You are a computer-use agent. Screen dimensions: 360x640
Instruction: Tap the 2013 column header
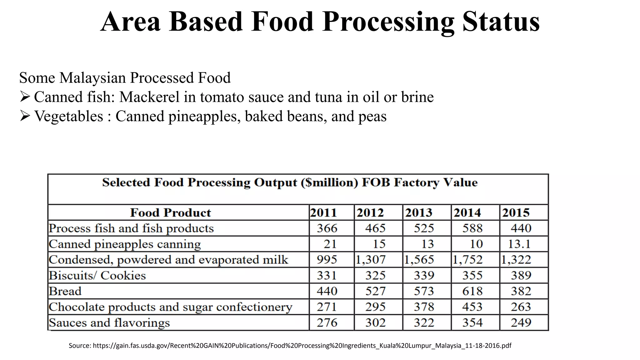(x=418, y=213)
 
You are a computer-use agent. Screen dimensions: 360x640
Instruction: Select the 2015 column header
(x=516, y=213)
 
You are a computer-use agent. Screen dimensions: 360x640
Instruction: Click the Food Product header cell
(x=170, y=213)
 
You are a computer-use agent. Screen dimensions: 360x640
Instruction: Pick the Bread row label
(x=65, y=291)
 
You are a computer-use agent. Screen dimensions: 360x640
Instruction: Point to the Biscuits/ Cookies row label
(x=97, y=276)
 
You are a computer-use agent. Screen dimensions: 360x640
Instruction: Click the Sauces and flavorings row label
(x=109, y=322)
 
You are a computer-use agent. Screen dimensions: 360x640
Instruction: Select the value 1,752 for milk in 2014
(x=468, y=260)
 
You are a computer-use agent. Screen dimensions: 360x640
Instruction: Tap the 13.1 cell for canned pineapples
(x=519, y=244)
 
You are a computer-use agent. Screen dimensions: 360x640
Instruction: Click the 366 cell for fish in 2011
(x=327, y=228)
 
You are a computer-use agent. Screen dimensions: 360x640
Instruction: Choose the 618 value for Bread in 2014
(x=472, y=291)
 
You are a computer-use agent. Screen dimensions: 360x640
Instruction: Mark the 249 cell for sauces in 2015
(x=521, y=322)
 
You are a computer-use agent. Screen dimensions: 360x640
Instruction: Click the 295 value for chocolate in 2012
(x=375, y=307)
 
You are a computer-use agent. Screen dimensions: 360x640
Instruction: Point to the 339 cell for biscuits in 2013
(x=424, y=276)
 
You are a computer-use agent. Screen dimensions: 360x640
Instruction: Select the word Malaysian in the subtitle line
(x=92, y=78)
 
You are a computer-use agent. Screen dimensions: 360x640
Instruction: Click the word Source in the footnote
(x=79, y=346)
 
